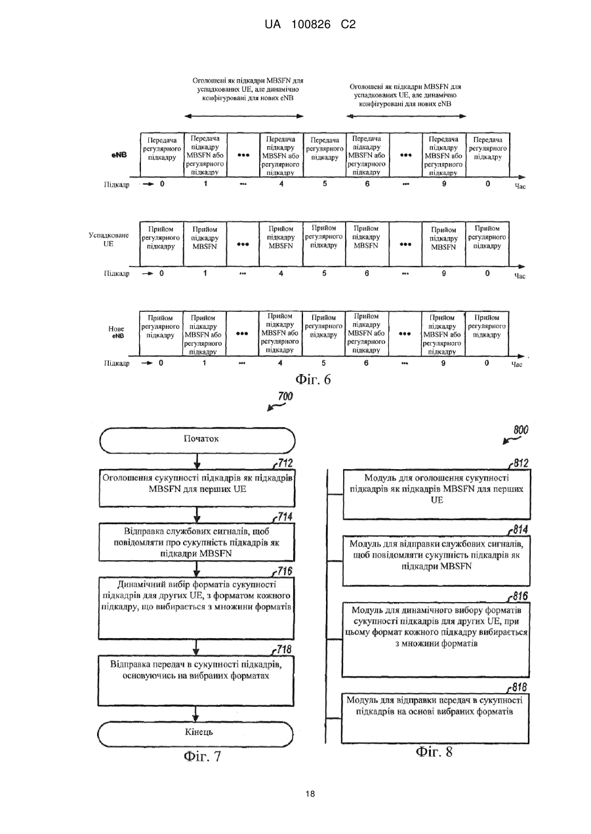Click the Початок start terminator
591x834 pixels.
click(197, 440)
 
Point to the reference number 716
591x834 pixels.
click(285, 571)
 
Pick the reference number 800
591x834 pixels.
click(521, 430)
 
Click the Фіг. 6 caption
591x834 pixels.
click(314, 379)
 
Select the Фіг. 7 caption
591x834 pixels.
click(203, 756)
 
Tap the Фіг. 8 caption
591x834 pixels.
click(434, 751)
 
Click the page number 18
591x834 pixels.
click(310, 794)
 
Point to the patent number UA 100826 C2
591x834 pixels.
click(310, 24)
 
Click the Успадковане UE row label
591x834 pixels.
click(108, 239)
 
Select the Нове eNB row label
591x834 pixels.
click(116, 332)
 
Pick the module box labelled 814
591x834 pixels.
click(436, 560)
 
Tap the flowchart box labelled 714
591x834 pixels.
click(197, 542)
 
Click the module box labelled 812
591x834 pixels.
click(437, 495)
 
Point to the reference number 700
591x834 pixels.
click(285, 396)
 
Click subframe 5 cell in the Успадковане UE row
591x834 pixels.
click(324, 244)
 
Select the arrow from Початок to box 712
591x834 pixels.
click(197, 461)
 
